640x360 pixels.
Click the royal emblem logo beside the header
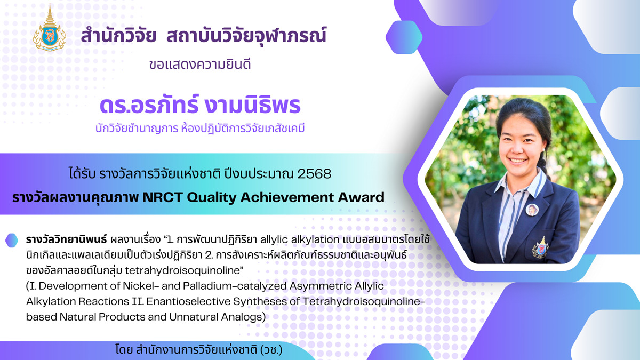(x=50, y=29)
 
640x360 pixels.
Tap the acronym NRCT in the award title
(x=163, y=197)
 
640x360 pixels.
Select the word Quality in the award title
(x=212, y=198)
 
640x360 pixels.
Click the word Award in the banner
(x=361, y=197)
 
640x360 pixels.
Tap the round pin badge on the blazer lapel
(x=532, y=210)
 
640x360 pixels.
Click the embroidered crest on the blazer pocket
(x=540, y=247)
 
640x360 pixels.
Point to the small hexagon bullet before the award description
(x=12, y=241)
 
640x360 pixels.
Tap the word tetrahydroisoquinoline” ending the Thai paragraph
(x=184, y=270)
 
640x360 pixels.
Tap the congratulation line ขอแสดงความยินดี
(x=199, y=65)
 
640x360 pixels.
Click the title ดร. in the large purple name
(x=113, y=105)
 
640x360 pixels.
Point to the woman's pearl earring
(x=543, y=149)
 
